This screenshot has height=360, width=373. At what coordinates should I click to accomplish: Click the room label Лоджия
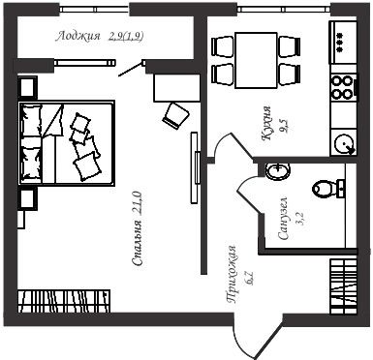pos(78,36)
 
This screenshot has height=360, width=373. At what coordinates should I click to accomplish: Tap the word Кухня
pos(266,123)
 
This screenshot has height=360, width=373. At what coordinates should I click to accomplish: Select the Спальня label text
pos(137,243)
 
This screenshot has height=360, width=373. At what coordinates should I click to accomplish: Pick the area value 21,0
pos(137,203)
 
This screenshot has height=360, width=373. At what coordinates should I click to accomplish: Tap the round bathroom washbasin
pos(278,170)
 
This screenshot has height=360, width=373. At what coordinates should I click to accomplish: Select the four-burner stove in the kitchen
pos(343,87)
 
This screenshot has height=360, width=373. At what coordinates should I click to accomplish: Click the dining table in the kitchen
pos(256,60)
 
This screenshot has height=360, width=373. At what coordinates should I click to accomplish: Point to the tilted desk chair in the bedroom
pos(175,115)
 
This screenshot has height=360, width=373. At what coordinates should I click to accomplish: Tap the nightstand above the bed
pos(27,87)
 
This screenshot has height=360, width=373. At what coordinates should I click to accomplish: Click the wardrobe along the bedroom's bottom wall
pos(64,301)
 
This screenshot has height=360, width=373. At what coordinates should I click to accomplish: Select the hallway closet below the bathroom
pos(344,286)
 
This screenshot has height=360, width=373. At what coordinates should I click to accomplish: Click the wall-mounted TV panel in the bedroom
pos(194,167)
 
